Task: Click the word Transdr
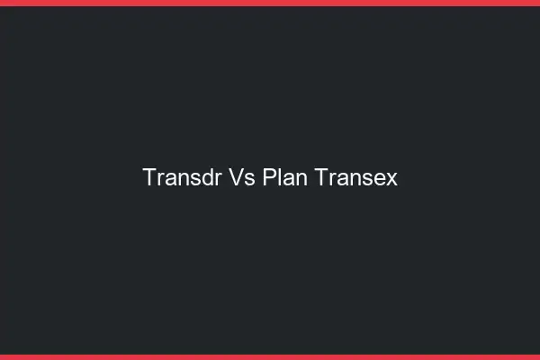tap(181, 178)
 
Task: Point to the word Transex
tap(356, 178)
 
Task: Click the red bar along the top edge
tap(270, 3)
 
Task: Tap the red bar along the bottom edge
tap(270, 357)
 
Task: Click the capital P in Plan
tap(270, 178)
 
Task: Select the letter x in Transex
tap(392, 179)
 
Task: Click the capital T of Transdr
tap(149, 178)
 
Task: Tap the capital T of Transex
tap(322, 178)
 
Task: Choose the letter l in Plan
tap(280, 178)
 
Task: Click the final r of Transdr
tap(217, 179)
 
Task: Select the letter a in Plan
tap(289, 179)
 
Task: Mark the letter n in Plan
tap(301, 179)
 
